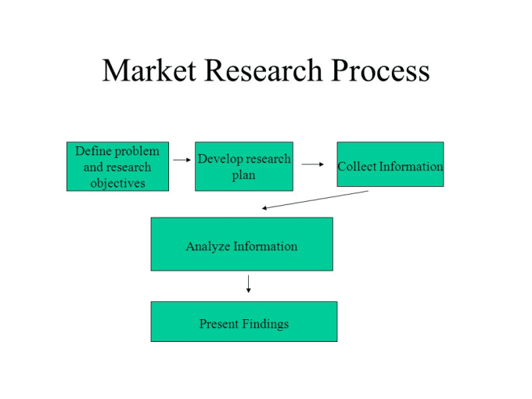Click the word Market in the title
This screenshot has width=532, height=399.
(149, 70)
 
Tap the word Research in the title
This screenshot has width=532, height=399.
(264, 70)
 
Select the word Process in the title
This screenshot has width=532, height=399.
(380, 70)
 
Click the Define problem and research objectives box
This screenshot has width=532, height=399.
(117, 166)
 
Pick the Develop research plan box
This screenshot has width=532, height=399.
(244, 166)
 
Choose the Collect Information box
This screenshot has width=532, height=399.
(390, 164)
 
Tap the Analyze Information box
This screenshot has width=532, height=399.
(242, 244)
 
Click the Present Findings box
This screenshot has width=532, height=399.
(244, 322)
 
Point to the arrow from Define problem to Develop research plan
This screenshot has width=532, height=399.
(182, 160)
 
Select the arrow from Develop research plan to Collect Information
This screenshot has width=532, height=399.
(313, 164)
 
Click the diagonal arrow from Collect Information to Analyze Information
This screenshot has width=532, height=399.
(315, 199)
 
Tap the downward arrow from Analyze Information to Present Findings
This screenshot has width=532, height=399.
(248, 284)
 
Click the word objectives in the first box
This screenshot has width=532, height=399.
(117, 183)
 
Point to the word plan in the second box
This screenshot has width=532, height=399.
(243, 175)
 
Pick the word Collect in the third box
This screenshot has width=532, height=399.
(357, 166)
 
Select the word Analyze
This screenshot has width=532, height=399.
(208, 246)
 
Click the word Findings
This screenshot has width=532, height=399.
(266, 324)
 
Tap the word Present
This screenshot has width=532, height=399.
(219, 324)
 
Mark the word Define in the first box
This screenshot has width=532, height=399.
(89, 151)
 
